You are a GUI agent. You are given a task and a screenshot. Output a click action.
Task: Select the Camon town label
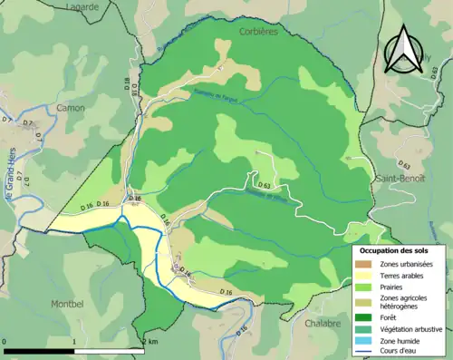[70, 108]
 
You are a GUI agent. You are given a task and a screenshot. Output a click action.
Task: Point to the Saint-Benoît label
[399, 180]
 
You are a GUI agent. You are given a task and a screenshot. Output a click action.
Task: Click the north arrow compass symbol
[402, 49]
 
